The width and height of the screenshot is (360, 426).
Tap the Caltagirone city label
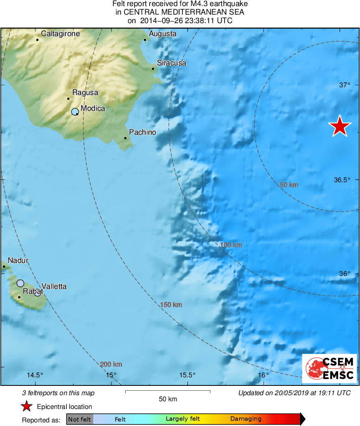(60, 34)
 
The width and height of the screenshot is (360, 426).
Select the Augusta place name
(163, 34)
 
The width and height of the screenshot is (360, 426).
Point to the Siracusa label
(171, 63)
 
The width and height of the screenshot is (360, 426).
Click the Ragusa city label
(85, 93)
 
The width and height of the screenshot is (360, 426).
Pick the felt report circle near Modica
(75, 112)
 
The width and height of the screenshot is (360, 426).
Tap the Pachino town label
(142, 132)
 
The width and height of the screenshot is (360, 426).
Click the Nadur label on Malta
(18, 260)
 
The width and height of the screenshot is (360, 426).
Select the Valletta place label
(54, 286)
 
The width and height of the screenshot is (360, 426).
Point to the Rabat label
(33, 291)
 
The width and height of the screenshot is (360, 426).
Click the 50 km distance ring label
(289, 185)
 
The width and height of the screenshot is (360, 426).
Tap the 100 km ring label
(231, 245)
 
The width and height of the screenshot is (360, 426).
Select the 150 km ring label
(171, 305)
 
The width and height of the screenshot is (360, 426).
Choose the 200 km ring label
(111, 364)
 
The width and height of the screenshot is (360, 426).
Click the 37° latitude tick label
(345, 85)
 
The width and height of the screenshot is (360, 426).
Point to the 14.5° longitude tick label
(35, 375)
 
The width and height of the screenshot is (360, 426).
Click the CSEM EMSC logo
(329, 368)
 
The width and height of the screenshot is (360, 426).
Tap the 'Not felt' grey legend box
(80, 419)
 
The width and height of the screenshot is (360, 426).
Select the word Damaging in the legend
(246, 419)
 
